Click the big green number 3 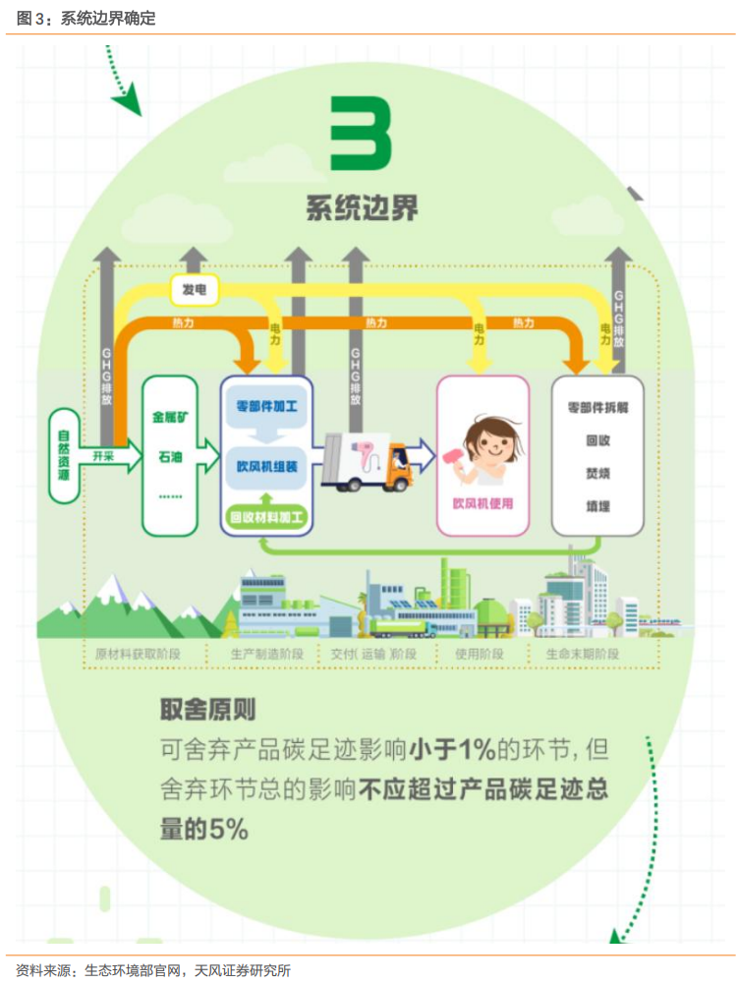(x=361, y=134)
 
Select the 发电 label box (x=194, y=289)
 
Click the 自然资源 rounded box (x=64, y=456)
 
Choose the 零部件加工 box (x=267, y=405)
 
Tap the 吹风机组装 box (x=267, y=465)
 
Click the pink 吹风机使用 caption (x=482, y=503)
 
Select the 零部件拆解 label (x=597, y=405)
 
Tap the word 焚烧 (x=597, y=473)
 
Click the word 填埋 (x=597, y=507)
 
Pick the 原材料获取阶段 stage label (x=139, y=654)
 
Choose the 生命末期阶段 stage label (x=582, y=654)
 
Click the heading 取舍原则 (x=207, y=710)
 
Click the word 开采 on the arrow (x=105, y=456)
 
